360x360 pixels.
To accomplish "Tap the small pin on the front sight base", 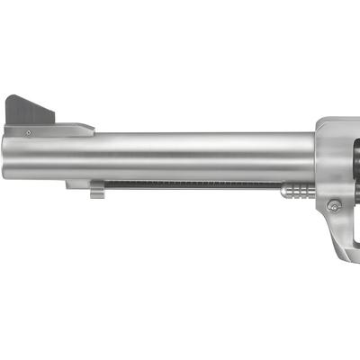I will click(29, 131).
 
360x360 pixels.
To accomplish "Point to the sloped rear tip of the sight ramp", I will click(88, 130).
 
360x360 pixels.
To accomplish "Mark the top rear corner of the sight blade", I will click(53, 115).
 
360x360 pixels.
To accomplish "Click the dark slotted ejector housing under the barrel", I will click(189, 184).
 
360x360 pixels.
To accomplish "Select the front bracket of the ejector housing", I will click(76, 184).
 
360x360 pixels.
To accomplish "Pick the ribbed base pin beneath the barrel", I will click(300, 190).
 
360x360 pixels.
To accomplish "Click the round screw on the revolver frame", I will click(335, 206).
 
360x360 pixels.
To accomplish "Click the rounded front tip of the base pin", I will click(283, 190).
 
